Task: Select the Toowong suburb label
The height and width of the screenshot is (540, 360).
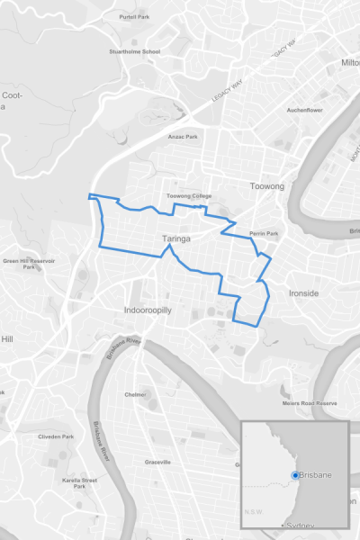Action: [x=266, y=187]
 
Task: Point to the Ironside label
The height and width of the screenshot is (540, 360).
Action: [x=303, y=293]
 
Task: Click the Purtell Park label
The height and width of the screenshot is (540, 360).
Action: [x=134, y=17]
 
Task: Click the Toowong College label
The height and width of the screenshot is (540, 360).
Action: [x=189, y=195]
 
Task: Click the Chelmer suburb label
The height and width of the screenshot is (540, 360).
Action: [x=135, y=394]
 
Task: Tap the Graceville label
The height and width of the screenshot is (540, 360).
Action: [x=157, y=462]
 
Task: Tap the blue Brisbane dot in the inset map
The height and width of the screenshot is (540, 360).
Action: [x=295, y=475]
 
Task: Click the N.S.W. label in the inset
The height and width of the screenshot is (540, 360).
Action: [x=254, y=513]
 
